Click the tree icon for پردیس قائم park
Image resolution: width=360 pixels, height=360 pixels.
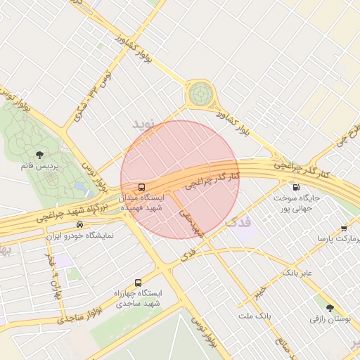(39, 155)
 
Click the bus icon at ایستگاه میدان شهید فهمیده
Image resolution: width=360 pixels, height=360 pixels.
(142, 187)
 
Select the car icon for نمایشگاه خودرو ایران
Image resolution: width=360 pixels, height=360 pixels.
(79, 225)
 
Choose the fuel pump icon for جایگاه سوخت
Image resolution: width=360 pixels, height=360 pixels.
(295, 187)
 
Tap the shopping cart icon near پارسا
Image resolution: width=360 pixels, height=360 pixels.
(343, 228)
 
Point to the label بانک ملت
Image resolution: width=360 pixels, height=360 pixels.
(254, 316)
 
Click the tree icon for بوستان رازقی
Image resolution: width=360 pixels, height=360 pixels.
(330, 307)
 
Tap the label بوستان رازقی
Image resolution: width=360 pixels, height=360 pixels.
(330, 319)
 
